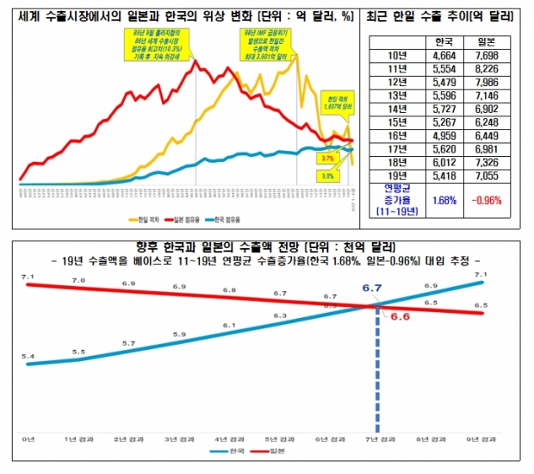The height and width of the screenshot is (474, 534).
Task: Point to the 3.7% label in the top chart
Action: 326,159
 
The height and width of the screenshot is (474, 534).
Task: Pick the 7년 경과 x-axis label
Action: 377,440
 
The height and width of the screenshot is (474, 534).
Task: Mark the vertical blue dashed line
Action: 377,379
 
